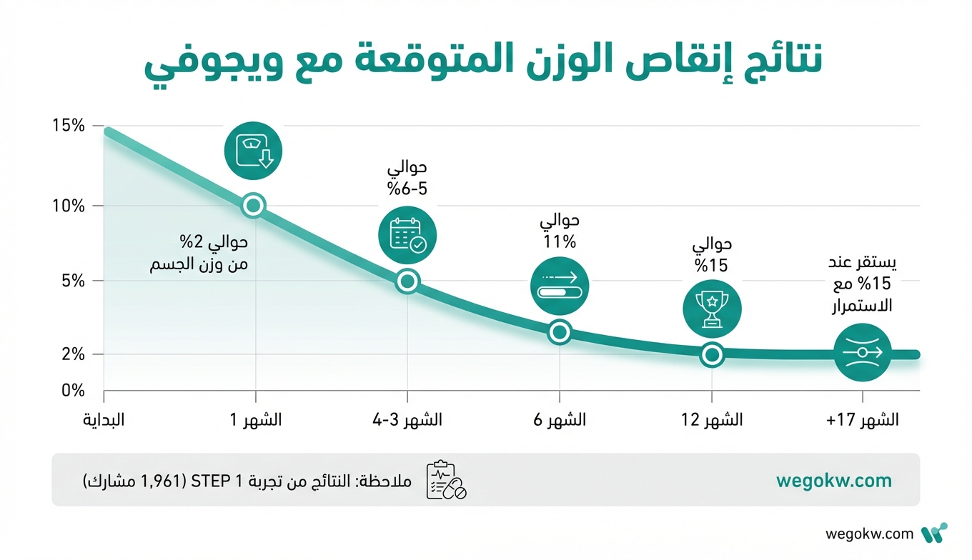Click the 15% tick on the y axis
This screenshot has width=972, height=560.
(69, 126)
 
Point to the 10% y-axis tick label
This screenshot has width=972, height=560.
(69, 206)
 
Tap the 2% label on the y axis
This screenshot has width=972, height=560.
(72, 354)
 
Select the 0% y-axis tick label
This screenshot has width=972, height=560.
(72, 391)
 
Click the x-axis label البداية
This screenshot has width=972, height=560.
(104, 420)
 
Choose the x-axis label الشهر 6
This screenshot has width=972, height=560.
(559, 420)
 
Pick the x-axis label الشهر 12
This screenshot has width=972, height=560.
(711, 420)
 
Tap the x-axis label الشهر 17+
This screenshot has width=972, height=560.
(863, 420)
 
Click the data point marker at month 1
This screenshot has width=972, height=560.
(254, 206)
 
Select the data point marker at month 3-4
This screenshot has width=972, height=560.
(407, 281)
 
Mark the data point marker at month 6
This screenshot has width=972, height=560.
(560, 331)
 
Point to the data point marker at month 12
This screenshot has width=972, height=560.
(712, 354)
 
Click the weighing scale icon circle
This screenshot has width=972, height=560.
(254, 151)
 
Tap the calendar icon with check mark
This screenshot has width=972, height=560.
(407, 236)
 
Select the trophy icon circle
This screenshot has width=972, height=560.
(712, 309)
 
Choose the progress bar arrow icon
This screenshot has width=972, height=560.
(560, 286)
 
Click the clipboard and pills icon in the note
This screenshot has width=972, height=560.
(445, 480)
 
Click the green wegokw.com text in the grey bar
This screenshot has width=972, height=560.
(834, 480)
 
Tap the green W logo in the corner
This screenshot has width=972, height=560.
(934, 534)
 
